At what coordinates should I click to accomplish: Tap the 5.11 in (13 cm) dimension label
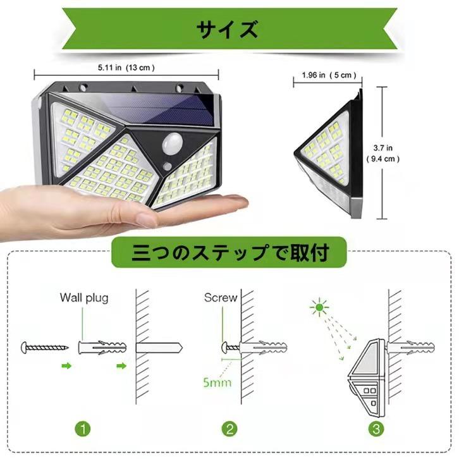(x=126, y=66)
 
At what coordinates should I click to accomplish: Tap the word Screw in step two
(x=221, y=297)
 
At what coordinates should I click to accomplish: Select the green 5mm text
(x=217, y=382)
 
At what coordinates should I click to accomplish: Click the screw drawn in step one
(x=44, y=347)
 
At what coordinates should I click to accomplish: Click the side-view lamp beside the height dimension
(x=329, y=155)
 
